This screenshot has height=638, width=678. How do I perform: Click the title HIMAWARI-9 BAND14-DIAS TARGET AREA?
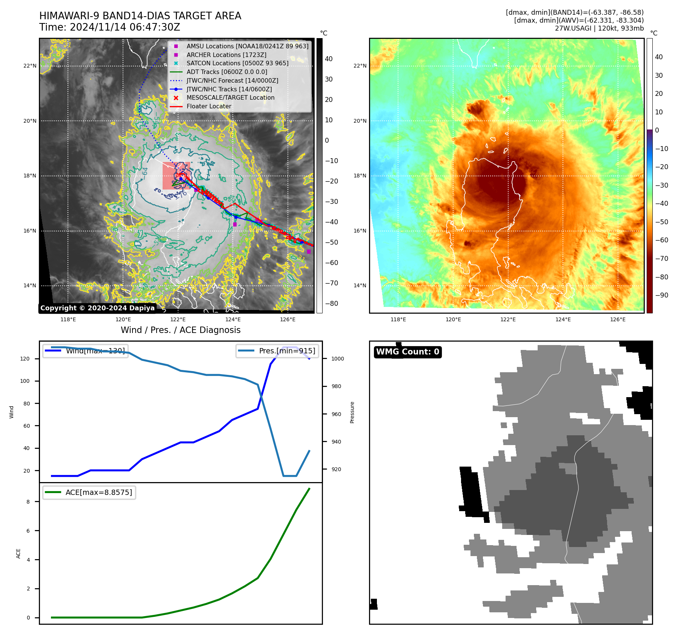pyautogui.click(x=140, y=16)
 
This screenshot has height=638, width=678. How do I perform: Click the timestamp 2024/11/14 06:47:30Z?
pyautogui.click(x=125, y=28)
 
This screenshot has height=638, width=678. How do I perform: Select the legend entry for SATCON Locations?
pyautogui.click(x=237, y=63)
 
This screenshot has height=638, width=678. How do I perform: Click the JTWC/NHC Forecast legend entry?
pyautogui.click(x=232, y=81)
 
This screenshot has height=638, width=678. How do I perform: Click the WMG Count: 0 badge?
pyautogui.click(x=407, y=352)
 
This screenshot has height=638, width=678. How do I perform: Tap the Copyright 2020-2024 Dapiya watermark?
pyautogui.click(x=97, y=308)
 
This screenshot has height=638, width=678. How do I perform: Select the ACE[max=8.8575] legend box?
pyautogui.click(x=89, y=492)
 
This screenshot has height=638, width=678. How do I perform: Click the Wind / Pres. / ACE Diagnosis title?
pyautogui.click(x=180, y=330)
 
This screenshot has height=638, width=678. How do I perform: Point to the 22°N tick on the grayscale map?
pyautogui.click(x=30, y=66)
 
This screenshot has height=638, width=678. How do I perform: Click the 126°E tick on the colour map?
pyautogui.click(x=618, y=320)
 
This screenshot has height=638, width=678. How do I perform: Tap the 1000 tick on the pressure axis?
pyautogui.click(x=337, y=359)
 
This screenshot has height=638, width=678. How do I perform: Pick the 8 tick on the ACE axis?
pyautogui.click(x=28, y=502)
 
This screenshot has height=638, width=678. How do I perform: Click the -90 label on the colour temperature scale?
pyautogui.click(x=661, y=295)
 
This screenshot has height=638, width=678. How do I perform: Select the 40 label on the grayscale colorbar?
pyautogui.click(x=329, y=59)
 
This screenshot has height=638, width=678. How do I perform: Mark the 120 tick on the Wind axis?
pyautogui.click(x=25, y=359)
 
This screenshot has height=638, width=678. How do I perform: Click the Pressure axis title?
pyautogui.click(x=352, y=412)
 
